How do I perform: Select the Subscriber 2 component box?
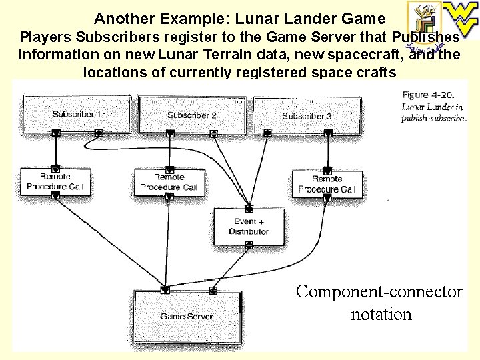pos(191,114)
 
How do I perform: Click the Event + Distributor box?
pos(248,226)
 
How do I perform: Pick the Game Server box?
pos(186,315)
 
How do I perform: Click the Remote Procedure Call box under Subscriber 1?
pos(55,181)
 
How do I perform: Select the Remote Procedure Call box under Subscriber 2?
pos(169,182)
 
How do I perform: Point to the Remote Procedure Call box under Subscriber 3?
pos(327,184)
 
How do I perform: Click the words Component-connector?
pos(379,291)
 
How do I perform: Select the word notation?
pos(381,313)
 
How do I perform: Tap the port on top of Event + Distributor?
pos(249,208)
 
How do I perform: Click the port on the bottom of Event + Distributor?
pos(249,245)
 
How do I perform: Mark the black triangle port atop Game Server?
pos(165,290)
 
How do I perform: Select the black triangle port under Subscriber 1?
pos(56,133)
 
